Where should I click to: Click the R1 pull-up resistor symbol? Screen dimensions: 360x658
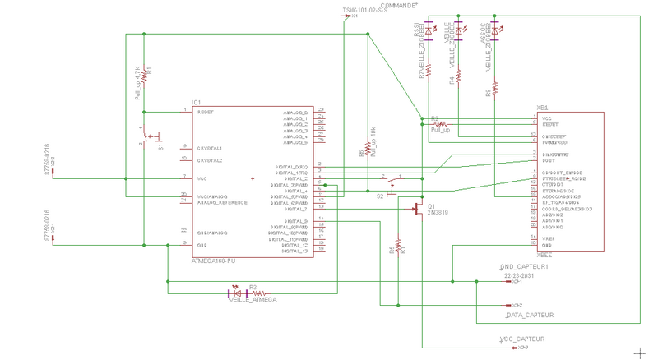click(144, 73)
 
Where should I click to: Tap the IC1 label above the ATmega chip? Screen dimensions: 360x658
click(196, 103)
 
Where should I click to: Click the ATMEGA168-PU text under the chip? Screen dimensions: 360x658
click(213, 261)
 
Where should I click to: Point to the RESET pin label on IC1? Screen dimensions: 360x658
click(206, 113)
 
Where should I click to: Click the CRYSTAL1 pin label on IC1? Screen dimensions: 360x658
click(209, 149)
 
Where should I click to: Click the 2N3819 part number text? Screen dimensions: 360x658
click(438, 212)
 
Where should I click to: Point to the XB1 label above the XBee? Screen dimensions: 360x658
click(542, 108)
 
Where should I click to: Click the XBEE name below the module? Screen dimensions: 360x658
click(544, 256)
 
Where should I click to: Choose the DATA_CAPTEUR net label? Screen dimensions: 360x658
click(530, 315)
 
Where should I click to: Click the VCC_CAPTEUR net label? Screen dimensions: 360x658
click(522, 339)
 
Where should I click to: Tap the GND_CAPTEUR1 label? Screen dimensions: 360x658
click(524, 267)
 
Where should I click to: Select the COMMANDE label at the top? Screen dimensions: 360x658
click(400, 4)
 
